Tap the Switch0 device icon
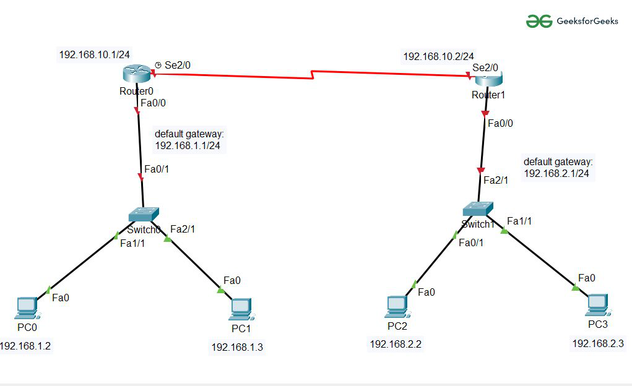coord(144,214)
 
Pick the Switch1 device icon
coord(478,209)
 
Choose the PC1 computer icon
coord(240,307)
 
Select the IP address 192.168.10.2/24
coord(439,56)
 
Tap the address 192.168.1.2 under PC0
coord(25,345)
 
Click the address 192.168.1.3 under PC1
coord(237,347)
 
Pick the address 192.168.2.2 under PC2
coord(396,344)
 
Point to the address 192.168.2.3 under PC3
coord(598,343)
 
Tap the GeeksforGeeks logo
coord(563,21)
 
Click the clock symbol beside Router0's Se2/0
coord(158,64)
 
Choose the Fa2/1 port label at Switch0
coord(183,229)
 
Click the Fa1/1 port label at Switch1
coord(519,221)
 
